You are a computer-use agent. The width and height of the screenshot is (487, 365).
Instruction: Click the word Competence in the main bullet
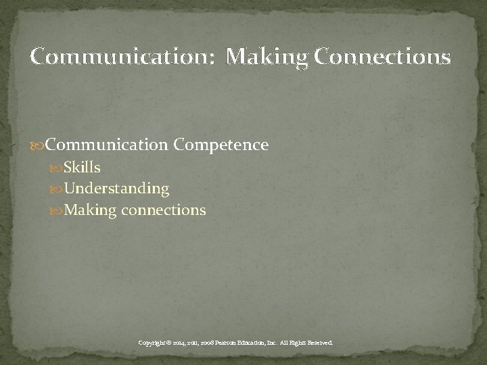[x=221, y=145]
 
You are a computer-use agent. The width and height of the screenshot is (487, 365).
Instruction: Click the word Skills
[x=83, y=167]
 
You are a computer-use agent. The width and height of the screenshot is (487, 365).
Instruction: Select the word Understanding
[x=116, y=189]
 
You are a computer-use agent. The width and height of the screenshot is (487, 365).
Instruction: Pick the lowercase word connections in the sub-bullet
[x=164, y=210]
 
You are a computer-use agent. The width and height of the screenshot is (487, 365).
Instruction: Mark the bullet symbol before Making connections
[x=57, y=211]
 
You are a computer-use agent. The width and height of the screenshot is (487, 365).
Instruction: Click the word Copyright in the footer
[x=153, y=343]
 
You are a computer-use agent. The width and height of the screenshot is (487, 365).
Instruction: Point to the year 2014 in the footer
[x=182, y=343]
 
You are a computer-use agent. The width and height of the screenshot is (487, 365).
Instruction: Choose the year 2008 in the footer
[x=213, y=343]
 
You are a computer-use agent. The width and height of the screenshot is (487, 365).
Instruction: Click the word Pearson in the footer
[x=235, y=343]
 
